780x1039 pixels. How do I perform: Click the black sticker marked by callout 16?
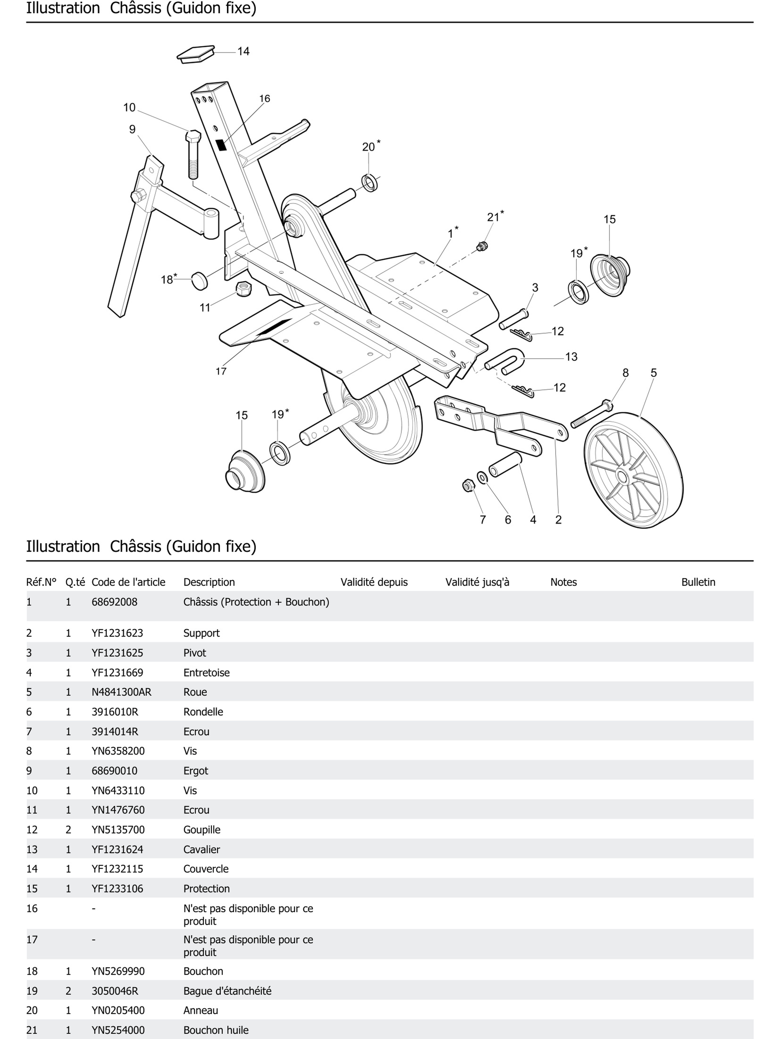click(x=221, y=145)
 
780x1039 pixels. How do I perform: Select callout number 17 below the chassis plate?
click(x=221, y=371)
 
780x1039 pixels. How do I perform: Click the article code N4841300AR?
click(x=121, y=692)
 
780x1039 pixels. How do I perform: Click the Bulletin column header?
click(x=698, y=582)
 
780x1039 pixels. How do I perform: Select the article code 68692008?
click(x=114, y=602)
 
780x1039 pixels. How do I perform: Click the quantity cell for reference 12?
click(x=68, y=830)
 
